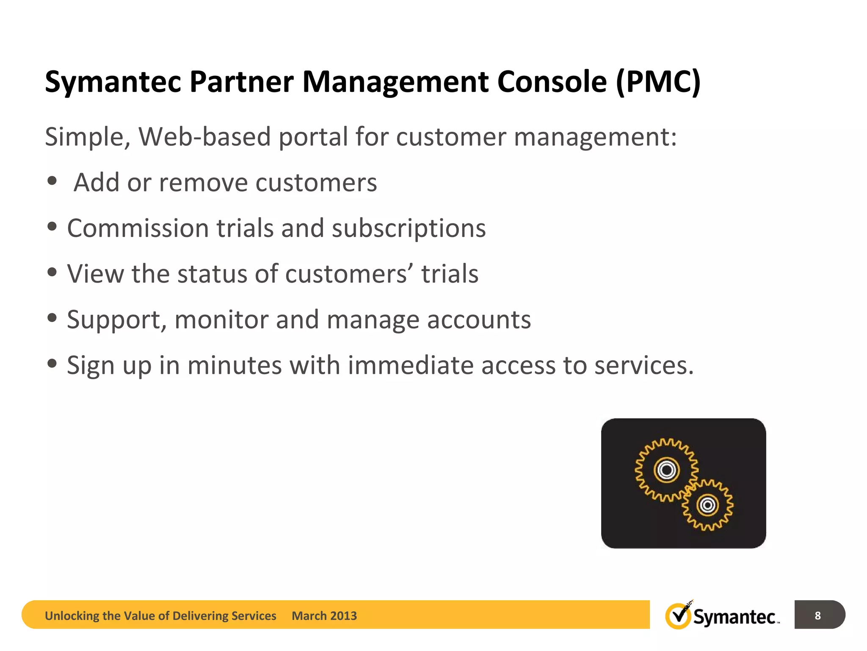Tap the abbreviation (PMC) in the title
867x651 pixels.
[x=658, y=81]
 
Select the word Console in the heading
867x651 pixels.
[x=552, y=81]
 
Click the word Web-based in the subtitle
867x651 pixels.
[x=204, y=137]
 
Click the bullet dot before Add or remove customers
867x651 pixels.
[x=52, y=181]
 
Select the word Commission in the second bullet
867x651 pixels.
[x=138, y=228]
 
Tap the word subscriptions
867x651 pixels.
[x=409, y=228]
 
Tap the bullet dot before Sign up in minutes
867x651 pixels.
[x=52, y=364]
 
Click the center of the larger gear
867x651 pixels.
[x=667, y=470]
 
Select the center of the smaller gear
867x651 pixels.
[x=707, y=505]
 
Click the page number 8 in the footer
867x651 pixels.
[x=818, y=615]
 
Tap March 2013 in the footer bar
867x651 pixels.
[x=324, y=616]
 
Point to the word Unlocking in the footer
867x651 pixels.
[x=72, y=616]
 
